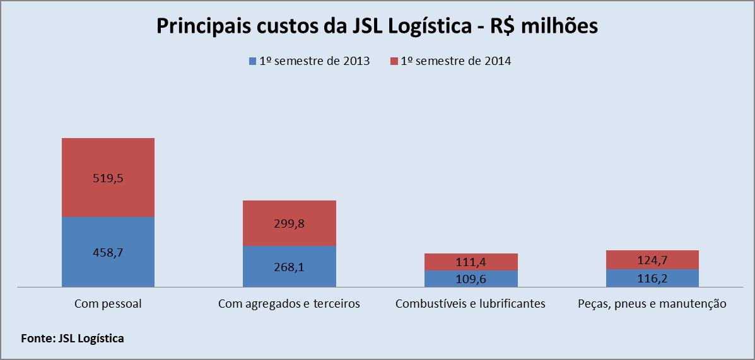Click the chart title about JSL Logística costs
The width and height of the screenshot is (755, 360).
click(377, 28)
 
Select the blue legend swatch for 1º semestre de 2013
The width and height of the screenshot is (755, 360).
click(252, 61)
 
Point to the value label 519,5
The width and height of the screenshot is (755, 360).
click(108, 178)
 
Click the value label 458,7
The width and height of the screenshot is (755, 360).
click(108, 253)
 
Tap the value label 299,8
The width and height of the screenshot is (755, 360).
click(290, 224)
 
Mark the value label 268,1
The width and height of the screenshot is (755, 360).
click(290, 267)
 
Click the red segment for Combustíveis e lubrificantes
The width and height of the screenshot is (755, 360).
click(471, 257)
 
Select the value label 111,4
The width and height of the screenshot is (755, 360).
click(471, 262)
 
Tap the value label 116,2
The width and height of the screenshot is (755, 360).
click(652, 278)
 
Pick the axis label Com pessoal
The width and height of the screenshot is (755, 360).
click(108, 304)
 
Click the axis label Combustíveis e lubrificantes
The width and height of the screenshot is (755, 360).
click(471, 304)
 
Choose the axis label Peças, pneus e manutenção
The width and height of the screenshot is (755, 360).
click(652, 304)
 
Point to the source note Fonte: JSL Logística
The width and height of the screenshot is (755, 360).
click(73, 339)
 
